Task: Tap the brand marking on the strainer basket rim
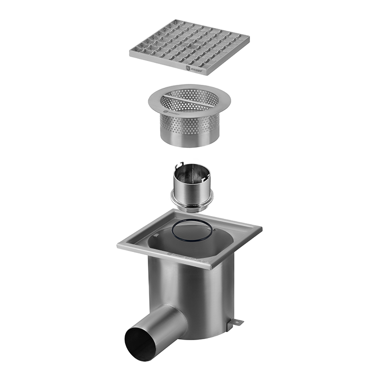tap(171, 114)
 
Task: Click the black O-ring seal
tap(191, 231)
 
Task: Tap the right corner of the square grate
tap(249, 37)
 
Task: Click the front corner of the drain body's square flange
tap(208, 268)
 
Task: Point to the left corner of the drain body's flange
tap(118, 245)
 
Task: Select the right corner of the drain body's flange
tap(261, 230)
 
